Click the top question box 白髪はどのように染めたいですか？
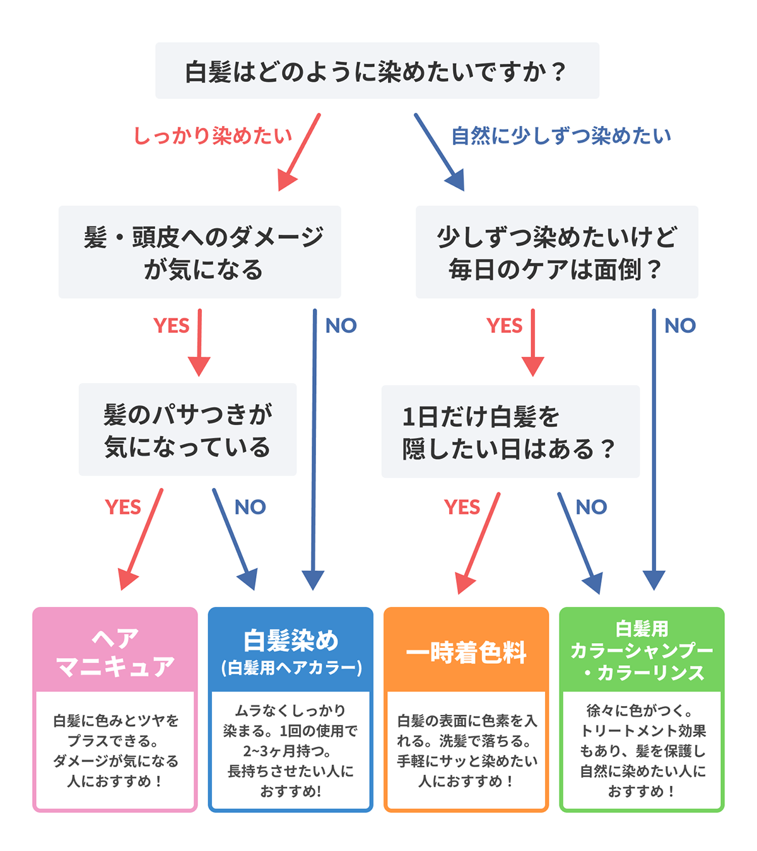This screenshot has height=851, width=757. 377,71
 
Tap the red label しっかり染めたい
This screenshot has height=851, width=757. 213,136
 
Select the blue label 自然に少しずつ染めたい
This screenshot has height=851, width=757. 561,136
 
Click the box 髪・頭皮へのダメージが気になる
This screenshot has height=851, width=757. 200,252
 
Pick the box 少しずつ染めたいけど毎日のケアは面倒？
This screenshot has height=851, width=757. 556,252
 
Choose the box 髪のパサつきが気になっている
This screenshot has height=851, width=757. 187,430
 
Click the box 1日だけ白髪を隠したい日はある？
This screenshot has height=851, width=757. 510,432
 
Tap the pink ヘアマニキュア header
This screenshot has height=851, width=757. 115,652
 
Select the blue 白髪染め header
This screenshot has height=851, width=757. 291,652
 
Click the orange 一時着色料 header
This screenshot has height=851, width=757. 466,652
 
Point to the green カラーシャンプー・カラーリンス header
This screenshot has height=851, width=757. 642,651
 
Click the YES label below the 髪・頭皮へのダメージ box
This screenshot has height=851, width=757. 171,325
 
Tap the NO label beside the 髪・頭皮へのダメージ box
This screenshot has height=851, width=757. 341,325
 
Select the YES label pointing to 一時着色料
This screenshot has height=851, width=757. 462,507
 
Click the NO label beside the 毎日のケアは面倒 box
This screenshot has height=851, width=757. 680,325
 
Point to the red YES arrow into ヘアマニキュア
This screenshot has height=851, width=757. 142,539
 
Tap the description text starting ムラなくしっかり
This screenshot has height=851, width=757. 291,750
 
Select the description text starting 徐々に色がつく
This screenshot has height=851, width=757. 642,750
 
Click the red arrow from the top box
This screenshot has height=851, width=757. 300,151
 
